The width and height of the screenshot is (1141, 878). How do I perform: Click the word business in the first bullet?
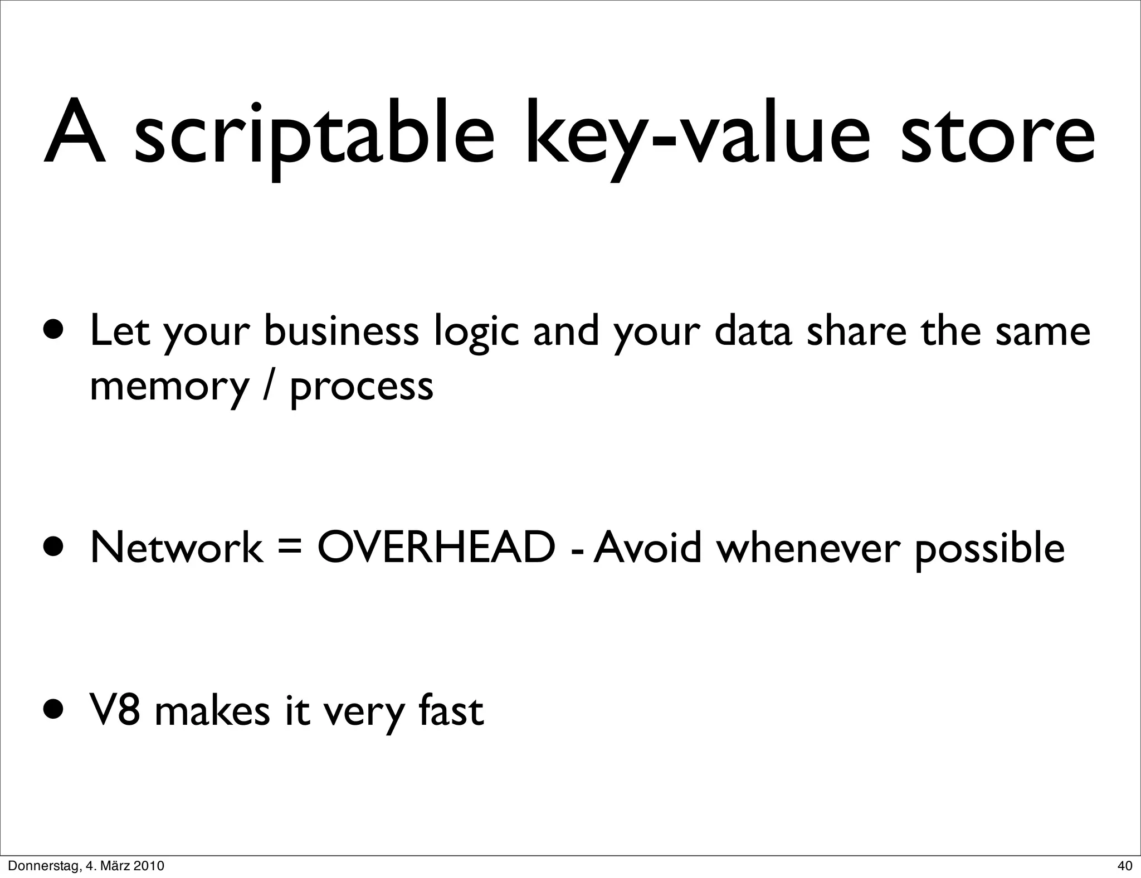342,331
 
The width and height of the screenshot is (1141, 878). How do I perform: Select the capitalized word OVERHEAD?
436,548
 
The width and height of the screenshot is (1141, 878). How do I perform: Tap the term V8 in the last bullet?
115,711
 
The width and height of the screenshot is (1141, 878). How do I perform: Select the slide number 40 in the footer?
1124,866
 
